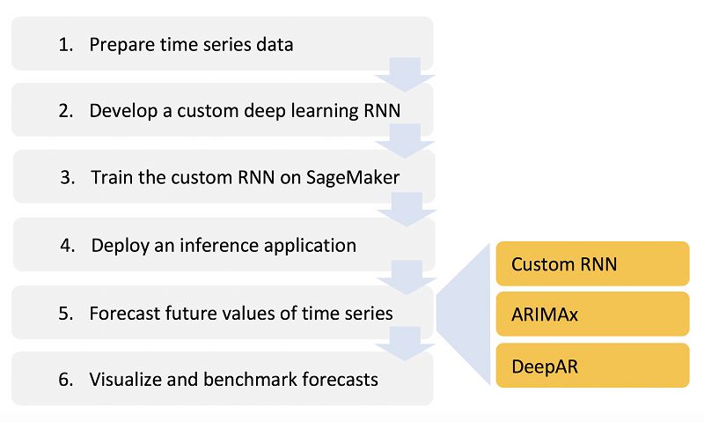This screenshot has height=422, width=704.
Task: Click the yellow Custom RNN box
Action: (x=592, y=263)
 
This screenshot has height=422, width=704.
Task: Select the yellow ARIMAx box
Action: (x=592, y=315)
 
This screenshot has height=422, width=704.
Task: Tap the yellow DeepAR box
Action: (x=592, y=365)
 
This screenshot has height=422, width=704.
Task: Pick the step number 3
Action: (x=67, y=177)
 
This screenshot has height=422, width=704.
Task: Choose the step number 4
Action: (x=67, y=245)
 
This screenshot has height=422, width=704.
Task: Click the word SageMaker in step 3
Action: (x=353, y=177)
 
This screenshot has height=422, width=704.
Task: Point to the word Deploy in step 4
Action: (x=119, y=246)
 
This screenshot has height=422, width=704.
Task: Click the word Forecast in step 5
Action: (x=124, y=313)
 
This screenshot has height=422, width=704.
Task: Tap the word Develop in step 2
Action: (x=121, y=112)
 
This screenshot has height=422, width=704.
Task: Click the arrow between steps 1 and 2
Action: (x=405, y=74)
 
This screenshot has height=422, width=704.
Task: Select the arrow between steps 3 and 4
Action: (x=405, y=209)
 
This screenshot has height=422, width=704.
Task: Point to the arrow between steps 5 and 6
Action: (x=405, y=344)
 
